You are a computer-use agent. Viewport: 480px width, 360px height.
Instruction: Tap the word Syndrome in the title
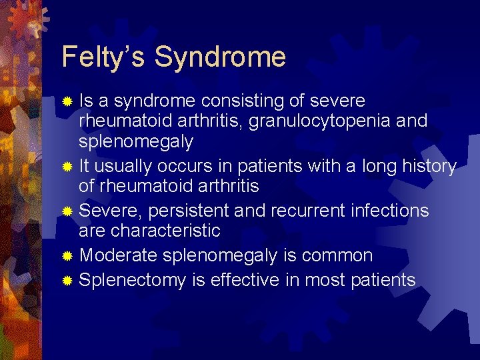220,57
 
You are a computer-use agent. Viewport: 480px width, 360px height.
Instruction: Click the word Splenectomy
133,280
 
